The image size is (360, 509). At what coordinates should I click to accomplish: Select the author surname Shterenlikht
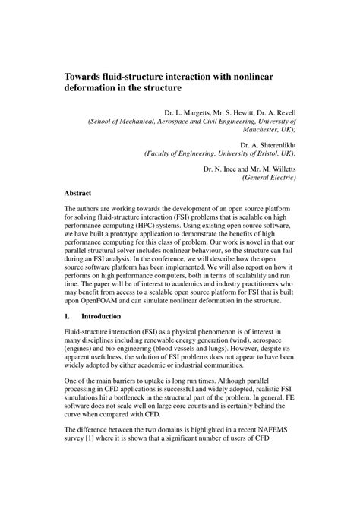point(271,144)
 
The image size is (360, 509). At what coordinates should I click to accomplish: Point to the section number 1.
point(68,316)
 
